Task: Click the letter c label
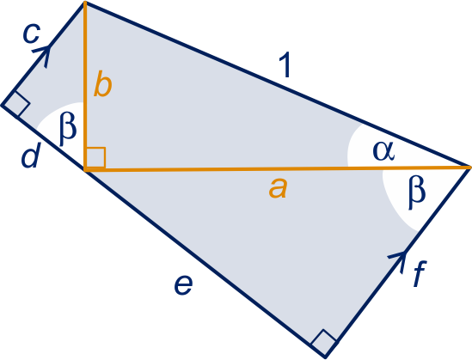[31, 34]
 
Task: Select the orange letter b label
[103, 85]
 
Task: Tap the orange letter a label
[279, 188]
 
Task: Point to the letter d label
[31, 155]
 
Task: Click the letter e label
[183, 285]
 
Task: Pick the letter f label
[420, 274]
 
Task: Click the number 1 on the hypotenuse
[285, 64]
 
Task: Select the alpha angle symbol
[383, 150]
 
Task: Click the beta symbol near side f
[417, 192]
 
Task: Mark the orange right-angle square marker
[95, 157]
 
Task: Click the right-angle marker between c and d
[16, 104]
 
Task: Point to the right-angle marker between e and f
[324, 343]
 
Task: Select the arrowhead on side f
[398, 261]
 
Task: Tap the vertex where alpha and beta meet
[469, 167]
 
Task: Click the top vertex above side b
[85, 3]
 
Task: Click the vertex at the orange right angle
[86, 169]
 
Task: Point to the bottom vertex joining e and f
[325, 357]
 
